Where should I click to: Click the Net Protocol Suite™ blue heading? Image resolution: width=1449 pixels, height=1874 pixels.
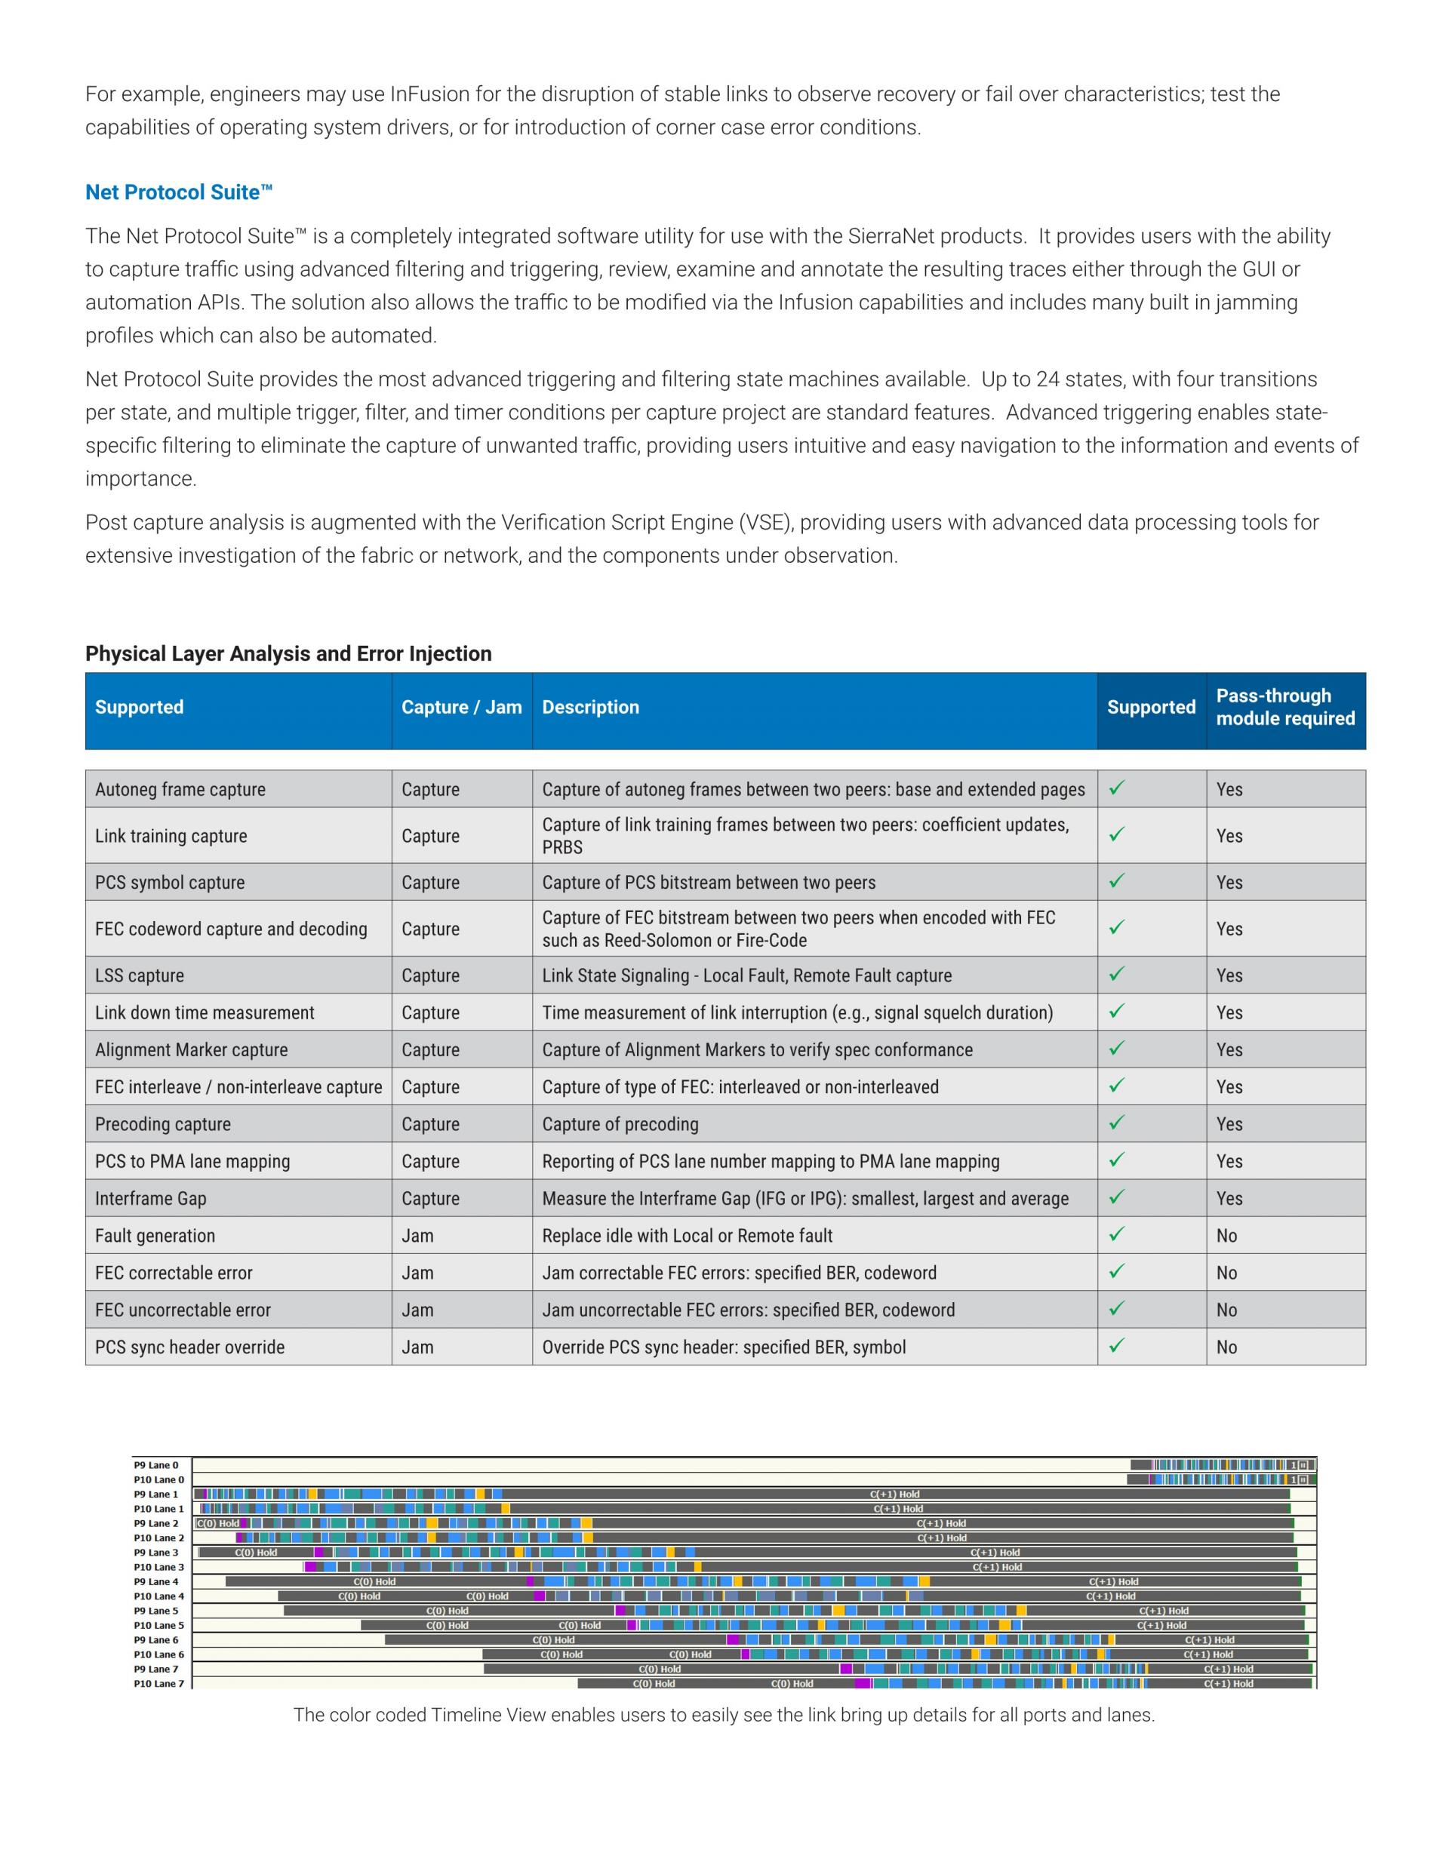pyautogui.click(x=179, y=192)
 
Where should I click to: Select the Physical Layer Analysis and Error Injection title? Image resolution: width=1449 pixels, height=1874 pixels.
pyautogui.click(x=288, y=654)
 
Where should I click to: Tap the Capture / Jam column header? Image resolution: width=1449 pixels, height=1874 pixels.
pyautogui.click(x=461, y=707)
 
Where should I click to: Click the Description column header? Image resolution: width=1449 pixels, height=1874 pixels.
pyautogui.click(x=591, y=707)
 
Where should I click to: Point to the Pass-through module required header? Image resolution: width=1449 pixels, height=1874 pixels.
pyautogui.click(x=1285, y=707)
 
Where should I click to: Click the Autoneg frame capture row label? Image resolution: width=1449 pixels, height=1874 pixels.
pyautogui.click(x=180, y=789)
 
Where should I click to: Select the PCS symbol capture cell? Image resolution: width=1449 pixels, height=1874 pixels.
pyautogui.click(x=170, y=882)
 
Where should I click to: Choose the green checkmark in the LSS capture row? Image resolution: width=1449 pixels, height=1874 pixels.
pyautogui.click(x=1117, y=974)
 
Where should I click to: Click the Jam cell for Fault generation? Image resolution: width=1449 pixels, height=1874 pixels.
pyautogui.click(x=418, y=1236)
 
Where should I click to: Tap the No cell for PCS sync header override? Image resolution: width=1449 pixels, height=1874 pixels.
pyautogui.click(x=1226, y=1347)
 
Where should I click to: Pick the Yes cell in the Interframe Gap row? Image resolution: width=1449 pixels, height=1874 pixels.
pyautogui.click(x=1229, y=1199)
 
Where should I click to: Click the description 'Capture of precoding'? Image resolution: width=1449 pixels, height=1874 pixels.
pyautogui.click(x=620, y=1124)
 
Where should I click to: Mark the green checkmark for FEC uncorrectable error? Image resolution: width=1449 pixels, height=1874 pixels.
pyautogui.click(x=1117, y=1308)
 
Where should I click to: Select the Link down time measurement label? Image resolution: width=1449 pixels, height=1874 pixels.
pyautogui.click(x=205, y=1012)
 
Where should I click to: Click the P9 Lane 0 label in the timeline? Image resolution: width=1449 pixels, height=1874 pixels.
pyautogui.click(x=156, y=1464)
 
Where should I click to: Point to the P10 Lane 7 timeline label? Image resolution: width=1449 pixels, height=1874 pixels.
pyautogui.click(x=158, y=1684)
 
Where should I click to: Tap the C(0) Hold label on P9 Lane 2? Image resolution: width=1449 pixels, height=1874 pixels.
pyautogui.click(x=218, y=1523)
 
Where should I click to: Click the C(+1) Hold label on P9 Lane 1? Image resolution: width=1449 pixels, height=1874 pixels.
pyautogui.click(x=894, y=1494)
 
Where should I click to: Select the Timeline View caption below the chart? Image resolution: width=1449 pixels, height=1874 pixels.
pyautogui.click(x=724, y=1716)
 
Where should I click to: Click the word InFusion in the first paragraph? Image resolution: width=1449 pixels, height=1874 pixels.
pyautogui.click(x=429, y=94)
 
